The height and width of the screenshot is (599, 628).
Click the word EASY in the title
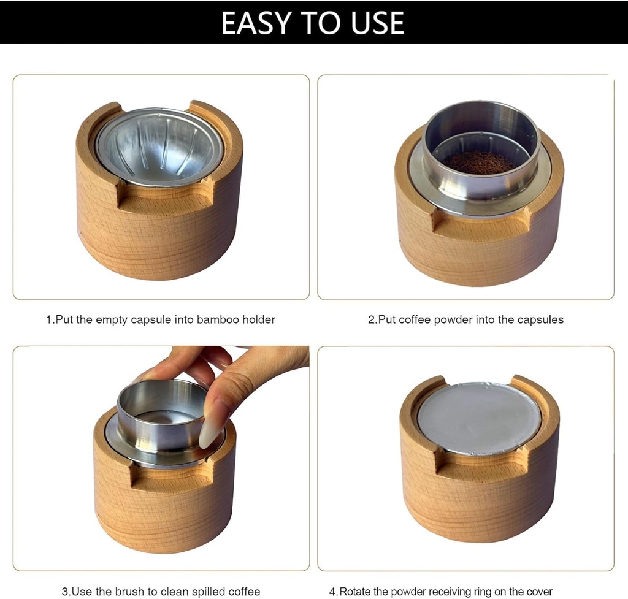click(256, 23)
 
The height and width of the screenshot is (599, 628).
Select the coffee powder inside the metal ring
click(479, 162)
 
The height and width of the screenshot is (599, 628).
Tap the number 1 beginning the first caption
click(50, 319)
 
